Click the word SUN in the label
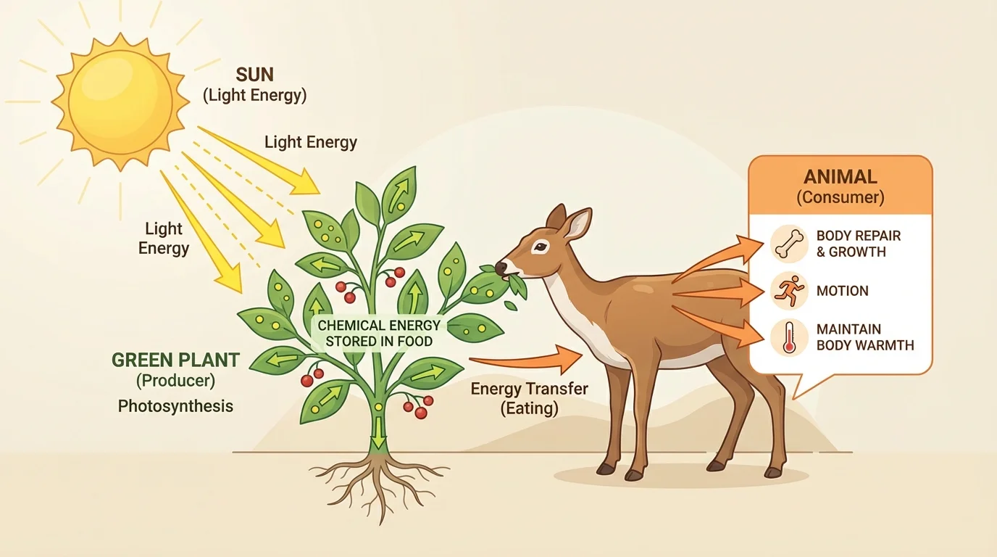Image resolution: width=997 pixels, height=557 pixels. click(x=254, y=75)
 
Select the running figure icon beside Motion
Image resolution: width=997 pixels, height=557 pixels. click(x=789, y=291)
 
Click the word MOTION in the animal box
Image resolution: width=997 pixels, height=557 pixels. click(x=842, y=291)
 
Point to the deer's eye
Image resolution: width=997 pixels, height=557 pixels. click(x=541, y=247)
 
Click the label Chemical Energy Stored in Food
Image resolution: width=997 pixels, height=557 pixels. click(x=379, y=333)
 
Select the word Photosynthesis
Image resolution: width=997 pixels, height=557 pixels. click(x=175, y=405)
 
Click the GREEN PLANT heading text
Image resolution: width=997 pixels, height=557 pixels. click(x=175, y=360)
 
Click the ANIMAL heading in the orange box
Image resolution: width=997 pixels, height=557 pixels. click(x=840, y=176)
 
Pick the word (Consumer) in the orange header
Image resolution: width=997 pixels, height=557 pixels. click(x=840, y=197)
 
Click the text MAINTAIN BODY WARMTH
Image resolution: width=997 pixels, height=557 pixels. click(x=864, y=337)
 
